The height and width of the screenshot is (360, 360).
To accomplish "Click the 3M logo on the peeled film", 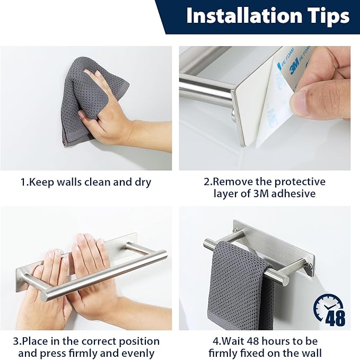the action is pos(294,65).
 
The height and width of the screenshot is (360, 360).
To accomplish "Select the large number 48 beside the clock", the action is pos(336,318).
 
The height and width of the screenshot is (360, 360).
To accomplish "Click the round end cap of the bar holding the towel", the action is pos(285,279).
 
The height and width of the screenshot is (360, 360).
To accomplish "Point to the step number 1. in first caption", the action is pos(24,182).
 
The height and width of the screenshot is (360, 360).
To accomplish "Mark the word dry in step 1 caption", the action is pos(143,183).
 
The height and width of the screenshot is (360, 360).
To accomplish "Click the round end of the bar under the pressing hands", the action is pos(45,296).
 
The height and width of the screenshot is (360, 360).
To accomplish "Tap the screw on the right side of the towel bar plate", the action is pos(311,266).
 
